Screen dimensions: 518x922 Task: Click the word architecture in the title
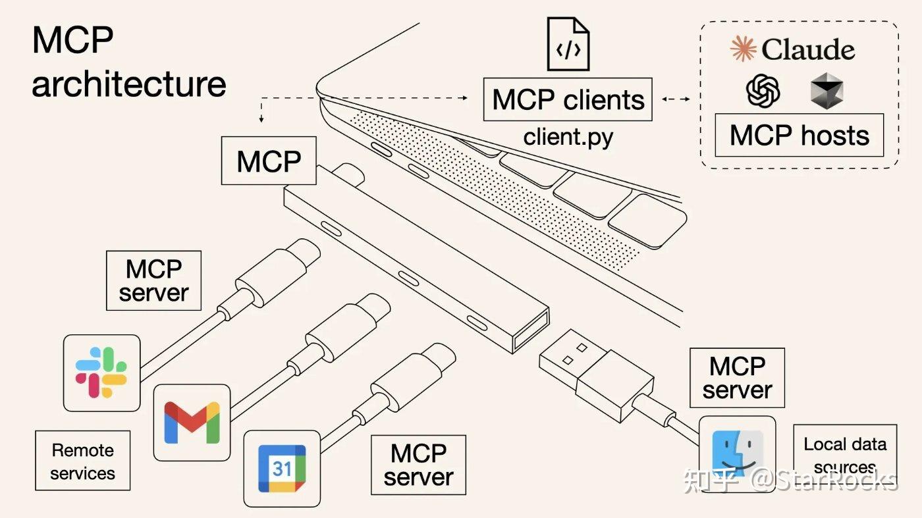point(128,85)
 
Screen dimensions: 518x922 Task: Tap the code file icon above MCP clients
point(568,44)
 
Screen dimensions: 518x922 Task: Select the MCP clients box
point(568,99)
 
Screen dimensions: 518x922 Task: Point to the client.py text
point(568,137)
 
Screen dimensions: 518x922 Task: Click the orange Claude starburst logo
point(742,49)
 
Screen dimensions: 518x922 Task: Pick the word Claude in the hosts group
point(808,49)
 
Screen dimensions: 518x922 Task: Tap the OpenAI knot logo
point(763,91)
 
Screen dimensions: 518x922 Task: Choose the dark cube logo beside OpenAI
point(827,91)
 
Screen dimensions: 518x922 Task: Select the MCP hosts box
point(799,136)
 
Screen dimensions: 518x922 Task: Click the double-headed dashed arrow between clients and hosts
point(676,99)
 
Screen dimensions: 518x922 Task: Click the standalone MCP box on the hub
point(269,161)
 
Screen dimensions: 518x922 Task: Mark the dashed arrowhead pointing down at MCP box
point(261,120)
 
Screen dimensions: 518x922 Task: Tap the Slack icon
point(101,373)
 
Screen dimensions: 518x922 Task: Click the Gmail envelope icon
point(192,422)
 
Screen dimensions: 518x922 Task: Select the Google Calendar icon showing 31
point(282,468)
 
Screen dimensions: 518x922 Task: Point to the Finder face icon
point(737,454)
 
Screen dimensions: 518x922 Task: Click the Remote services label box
point(82,461)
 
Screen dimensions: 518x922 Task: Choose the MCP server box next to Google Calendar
point(418,465)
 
